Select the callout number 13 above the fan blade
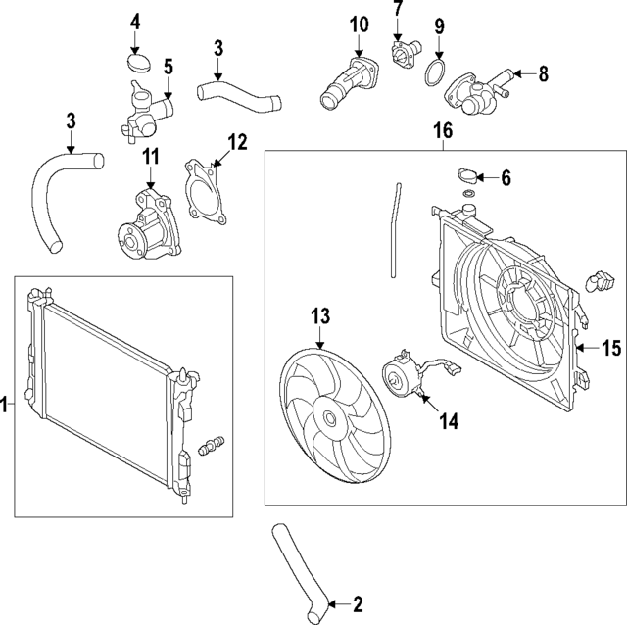(321, 315)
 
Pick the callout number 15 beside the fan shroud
(611, 347)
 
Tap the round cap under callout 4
(136, 65)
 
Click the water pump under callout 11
(147, 224)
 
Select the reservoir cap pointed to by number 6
(469, 177)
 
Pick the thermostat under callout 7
(402, 49)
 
